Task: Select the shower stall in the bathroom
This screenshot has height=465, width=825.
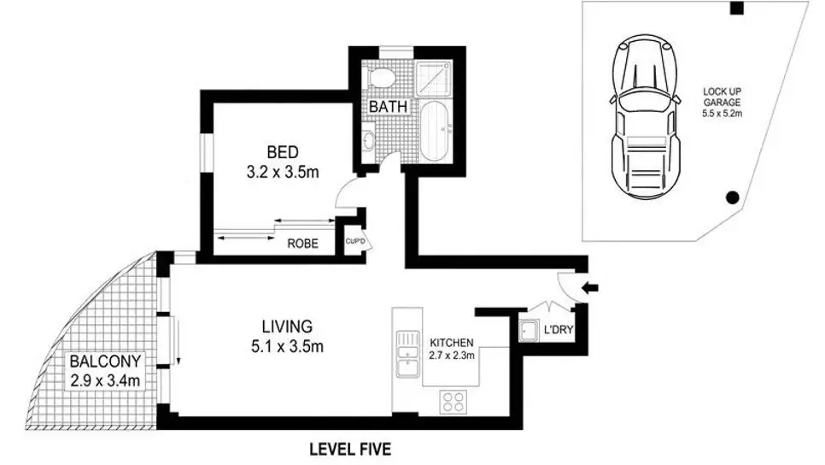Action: click(441, 78)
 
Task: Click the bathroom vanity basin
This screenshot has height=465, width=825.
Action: click(369, 140)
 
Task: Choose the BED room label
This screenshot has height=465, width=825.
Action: click(282, 153)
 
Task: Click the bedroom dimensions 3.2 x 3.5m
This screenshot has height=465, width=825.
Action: click(282, 172)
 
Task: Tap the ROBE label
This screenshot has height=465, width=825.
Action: click(302, 244)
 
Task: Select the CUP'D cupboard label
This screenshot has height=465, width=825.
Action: click(354, 240)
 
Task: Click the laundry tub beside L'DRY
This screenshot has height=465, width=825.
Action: click(527, 330)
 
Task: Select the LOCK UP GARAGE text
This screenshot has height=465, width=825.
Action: click(722, 99)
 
